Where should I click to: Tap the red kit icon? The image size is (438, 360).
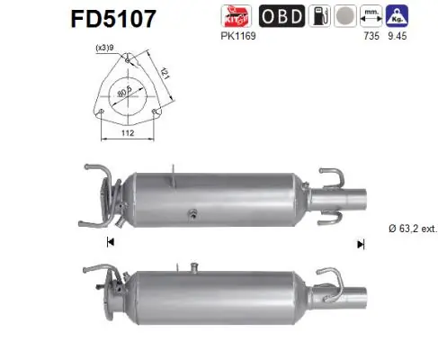point(237,15)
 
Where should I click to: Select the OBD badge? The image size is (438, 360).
point(281,16)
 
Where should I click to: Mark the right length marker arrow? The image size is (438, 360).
point(360,243)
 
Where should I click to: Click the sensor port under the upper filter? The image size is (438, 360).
point(192,213)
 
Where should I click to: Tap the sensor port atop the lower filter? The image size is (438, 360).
point(192,265)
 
